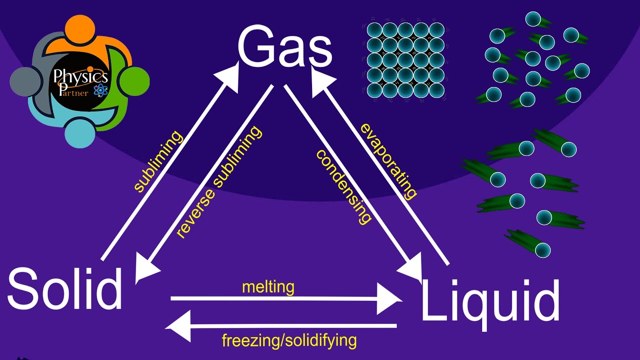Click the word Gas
click(285, 45)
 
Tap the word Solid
click(65, 288)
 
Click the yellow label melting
click(268, 287)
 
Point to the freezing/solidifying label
click(289, 340)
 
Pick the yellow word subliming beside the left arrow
click(158, 161)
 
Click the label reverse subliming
click(218, 182)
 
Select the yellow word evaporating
click(388, 161)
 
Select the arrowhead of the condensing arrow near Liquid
click(411, 267)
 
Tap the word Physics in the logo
click(81, 76)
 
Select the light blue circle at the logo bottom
click(79, 133)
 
